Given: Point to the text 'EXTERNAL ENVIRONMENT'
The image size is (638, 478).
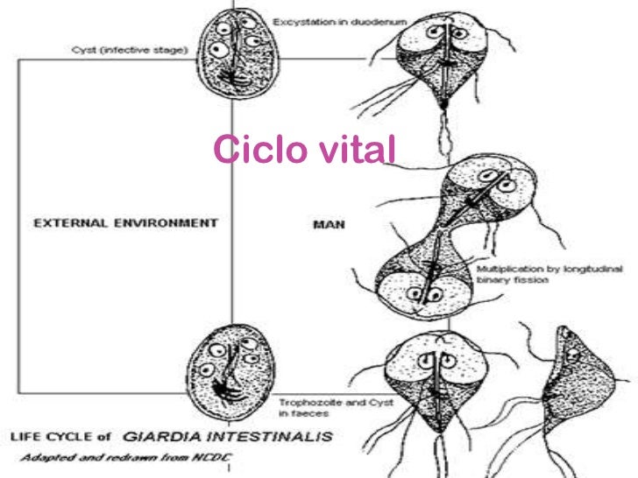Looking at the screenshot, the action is point(124,222).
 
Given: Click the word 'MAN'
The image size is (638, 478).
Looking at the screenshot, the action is point(328,224).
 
